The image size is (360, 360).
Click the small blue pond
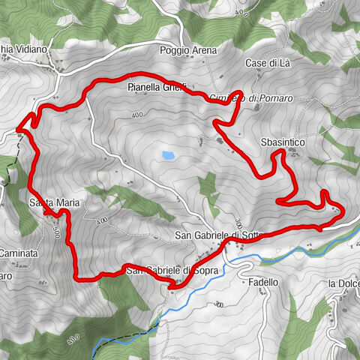168,156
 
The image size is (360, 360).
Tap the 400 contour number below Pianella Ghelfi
136,115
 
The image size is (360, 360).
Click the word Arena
203,51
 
